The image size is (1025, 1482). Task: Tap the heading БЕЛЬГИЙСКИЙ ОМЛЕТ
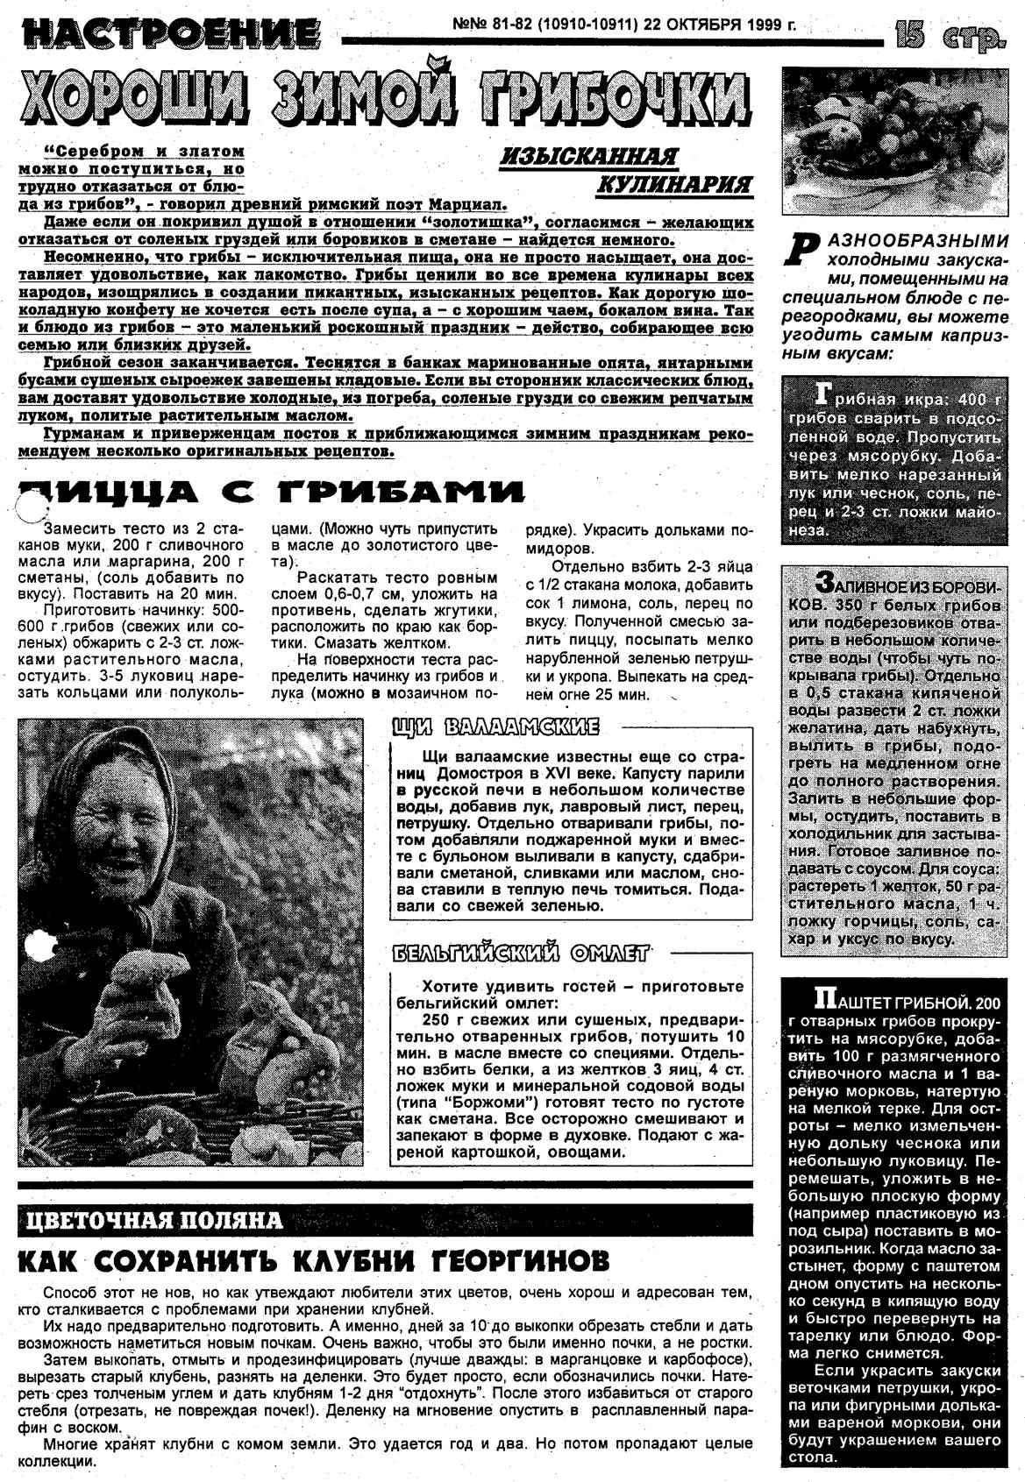pyautogui.click(x=521, y=954)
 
